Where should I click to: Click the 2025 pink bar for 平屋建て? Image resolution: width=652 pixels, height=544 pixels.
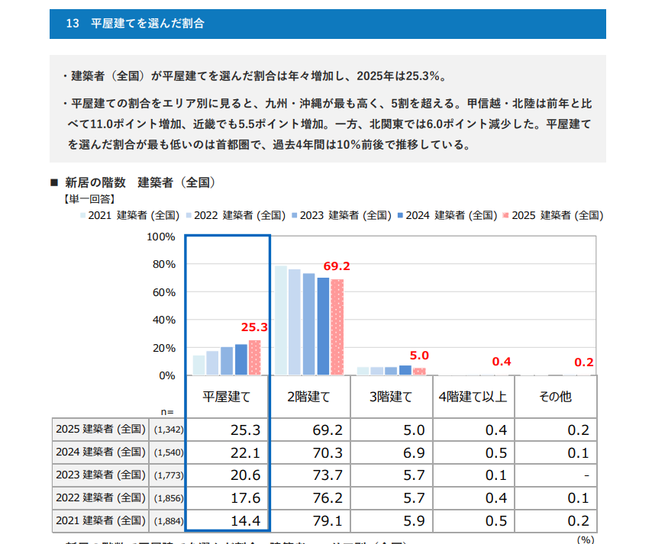[x=255, y=358]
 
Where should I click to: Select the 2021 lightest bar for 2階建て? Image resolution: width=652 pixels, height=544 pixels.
[x=281, y=320]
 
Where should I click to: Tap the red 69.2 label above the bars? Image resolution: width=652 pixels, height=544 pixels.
[x=337, y=266]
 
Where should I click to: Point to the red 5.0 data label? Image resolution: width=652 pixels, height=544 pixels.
[x=419, y=356]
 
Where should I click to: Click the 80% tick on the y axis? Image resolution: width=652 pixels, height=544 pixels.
[x=165, y=264]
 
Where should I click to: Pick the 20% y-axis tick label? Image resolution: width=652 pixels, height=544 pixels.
[x=165, y=348]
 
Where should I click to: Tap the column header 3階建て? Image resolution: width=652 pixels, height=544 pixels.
[x=391, y=397]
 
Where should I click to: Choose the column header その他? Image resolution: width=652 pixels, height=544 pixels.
[x=554, y=397]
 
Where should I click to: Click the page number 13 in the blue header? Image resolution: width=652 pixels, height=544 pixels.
[x=73, y=24]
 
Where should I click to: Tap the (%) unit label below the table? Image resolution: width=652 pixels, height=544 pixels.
[x=585, y=539]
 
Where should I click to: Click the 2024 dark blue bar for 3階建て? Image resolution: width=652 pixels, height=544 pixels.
[x=405, y=370]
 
